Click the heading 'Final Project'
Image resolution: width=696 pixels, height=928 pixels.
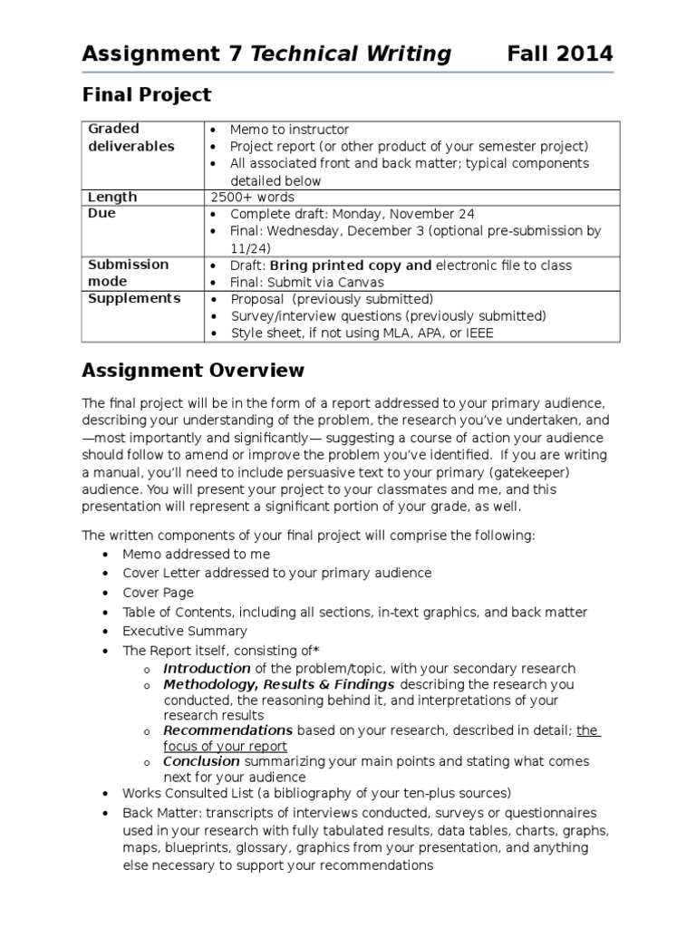146,95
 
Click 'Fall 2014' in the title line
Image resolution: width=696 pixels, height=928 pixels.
559,54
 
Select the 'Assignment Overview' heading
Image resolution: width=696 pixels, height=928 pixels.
193,371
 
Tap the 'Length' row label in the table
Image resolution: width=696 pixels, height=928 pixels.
112,197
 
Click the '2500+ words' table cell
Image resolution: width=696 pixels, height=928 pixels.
252,197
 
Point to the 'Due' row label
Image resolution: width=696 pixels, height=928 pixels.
101,214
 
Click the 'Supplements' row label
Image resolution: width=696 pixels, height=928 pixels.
134,298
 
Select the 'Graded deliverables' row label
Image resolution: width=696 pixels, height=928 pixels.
130,138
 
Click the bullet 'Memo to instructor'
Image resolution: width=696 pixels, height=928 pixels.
289,130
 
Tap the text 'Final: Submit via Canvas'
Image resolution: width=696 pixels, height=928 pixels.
307,282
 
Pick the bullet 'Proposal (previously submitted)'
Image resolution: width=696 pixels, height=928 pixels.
332,299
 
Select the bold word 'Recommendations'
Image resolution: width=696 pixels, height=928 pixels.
227,730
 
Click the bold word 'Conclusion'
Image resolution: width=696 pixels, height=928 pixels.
201,761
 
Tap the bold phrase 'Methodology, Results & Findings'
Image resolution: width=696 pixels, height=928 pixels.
278,684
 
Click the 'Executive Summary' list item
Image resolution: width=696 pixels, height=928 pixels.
185,631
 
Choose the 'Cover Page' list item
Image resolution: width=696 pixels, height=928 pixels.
159,593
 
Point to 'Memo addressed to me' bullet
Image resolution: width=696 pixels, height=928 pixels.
196,554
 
